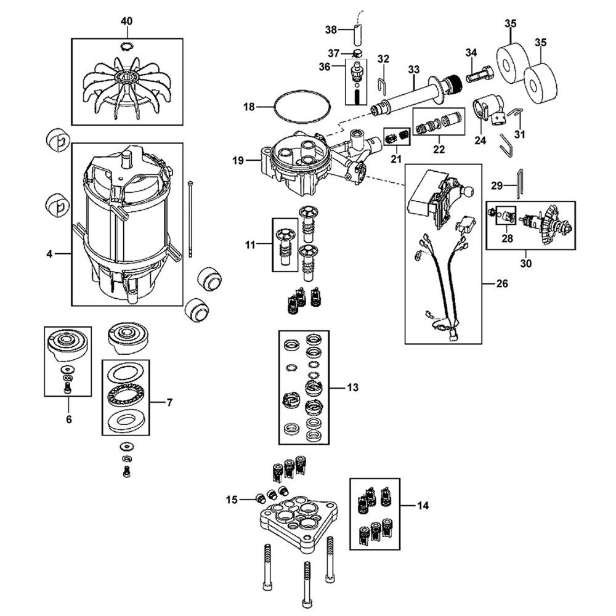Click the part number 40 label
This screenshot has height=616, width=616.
coord(126,22)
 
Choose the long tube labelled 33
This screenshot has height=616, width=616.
coord(407,94)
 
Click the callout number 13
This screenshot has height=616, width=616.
coord(352,388)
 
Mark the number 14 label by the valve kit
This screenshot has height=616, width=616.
coord(422,505)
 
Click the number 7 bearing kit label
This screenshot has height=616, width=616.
coord(169,403)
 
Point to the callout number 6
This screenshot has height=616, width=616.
coord(68,419)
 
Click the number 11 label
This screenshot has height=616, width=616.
coord(249,245)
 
